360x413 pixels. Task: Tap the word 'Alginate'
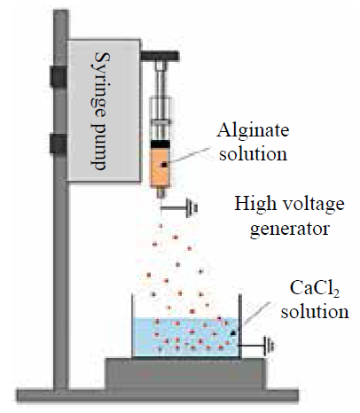coord(253,130)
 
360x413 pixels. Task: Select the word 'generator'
coord(290,229)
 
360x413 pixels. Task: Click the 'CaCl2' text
coord(314,288)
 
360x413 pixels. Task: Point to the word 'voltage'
coord(311,205)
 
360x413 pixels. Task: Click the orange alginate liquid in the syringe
coord(160,167)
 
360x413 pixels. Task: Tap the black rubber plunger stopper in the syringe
coord(160,144)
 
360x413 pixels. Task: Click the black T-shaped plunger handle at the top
coord(160,56)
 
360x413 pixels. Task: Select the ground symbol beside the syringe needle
coord(192,208)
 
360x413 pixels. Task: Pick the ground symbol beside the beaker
coord(270,346)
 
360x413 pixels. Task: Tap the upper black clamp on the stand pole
coord(59,76)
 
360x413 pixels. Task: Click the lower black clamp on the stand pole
coord(59,144)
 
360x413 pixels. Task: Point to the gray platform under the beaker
coord(186,374)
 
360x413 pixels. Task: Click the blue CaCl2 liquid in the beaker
coord(185,337)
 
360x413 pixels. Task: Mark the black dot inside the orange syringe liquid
coord(164,165)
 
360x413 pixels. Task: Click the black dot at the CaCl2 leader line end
coord(233,333)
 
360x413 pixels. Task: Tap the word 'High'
coord(254,203)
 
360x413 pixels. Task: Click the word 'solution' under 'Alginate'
coord(253,153)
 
